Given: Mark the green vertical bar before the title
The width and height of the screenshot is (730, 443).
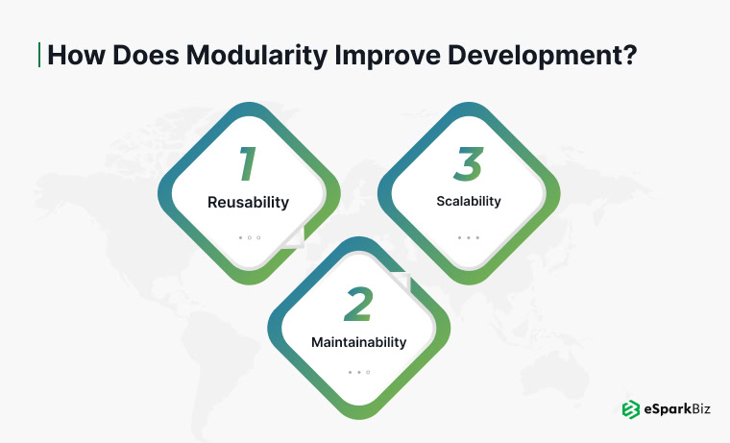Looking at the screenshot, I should (x=39, y=55).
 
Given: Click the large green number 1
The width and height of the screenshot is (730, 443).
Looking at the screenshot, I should (x=248, y=164).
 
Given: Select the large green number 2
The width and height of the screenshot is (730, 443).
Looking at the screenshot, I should (x=357, y=305).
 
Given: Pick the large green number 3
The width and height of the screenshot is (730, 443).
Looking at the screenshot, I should (x=468, y=164).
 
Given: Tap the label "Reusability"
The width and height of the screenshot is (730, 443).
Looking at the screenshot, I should (x=249, y=203).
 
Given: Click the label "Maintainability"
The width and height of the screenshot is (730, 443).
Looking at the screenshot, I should (x=358, y=342).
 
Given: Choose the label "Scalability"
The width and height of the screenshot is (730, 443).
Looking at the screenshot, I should (x=468, y=202).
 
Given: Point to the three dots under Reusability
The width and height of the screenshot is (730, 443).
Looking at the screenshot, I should (x=249, y=236).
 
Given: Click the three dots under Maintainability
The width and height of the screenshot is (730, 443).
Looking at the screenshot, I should (x=358, y=372).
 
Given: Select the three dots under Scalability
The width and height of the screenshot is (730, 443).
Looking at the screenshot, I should (x=468, y=236).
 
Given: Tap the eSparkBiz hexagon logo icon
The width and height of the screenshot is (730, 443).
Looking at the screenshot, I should (x=631, y=409).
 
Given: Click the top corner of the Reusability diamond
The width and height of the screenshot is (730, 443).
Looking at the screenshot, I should (x=249, y=104).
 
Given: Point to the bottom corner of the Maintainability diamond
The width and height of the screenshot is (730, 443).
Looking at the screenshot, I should (x=358, y=419).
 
